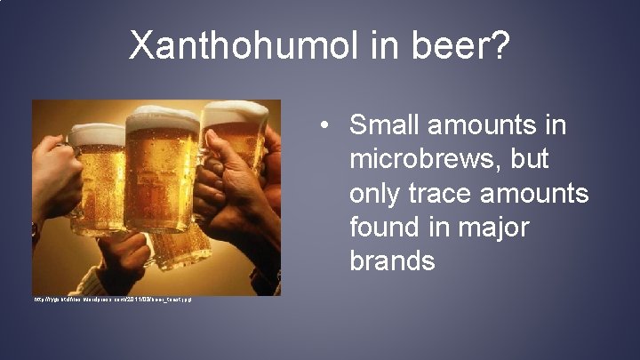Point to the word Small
(389, 126)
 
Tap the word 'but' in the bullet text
(530, 160)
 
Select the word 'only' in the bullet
(378, 194)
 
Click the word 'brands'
(393, 261)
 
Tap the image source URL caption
(112, 300)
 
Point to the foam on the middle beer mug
(162, 120)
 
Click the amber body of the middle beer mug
(160, 178)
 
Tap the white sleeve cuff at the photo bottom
(84, 283)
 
